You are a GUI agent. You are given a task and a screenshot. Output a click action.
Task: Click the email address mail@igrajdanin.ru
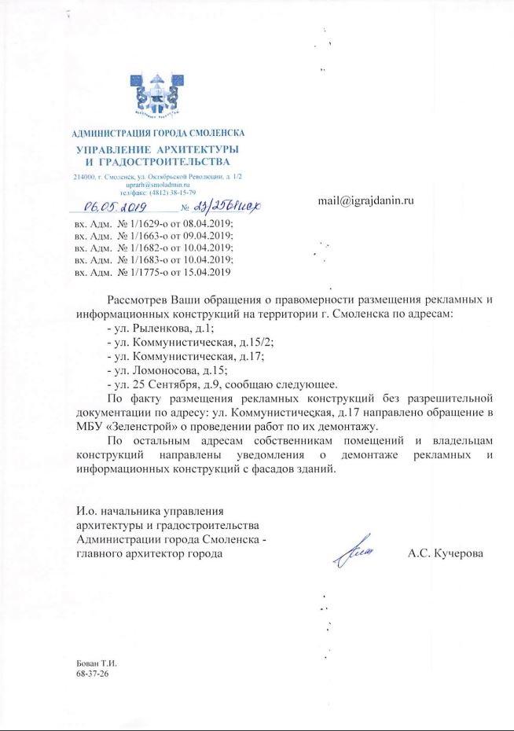[365, 200]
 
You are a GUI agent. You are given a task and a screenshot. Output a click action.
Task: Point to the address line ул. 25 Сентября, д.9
[173, 384]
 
